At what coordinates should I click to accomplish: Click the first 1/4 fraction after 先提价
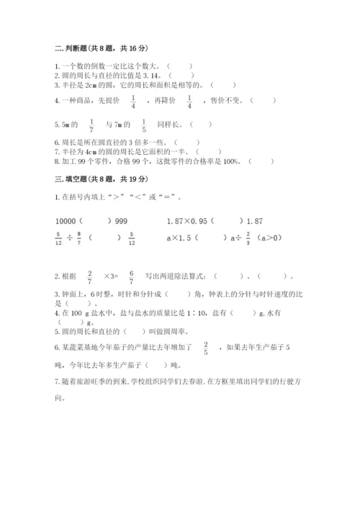pyautogui.click(x=133, y=102)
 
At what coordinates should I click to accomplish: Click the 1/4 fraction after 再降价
pyautogui.click(x=189, y=102)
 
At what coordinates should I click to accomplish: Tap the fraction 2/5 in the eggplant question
pyautogui.click(x=206, y=348)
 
